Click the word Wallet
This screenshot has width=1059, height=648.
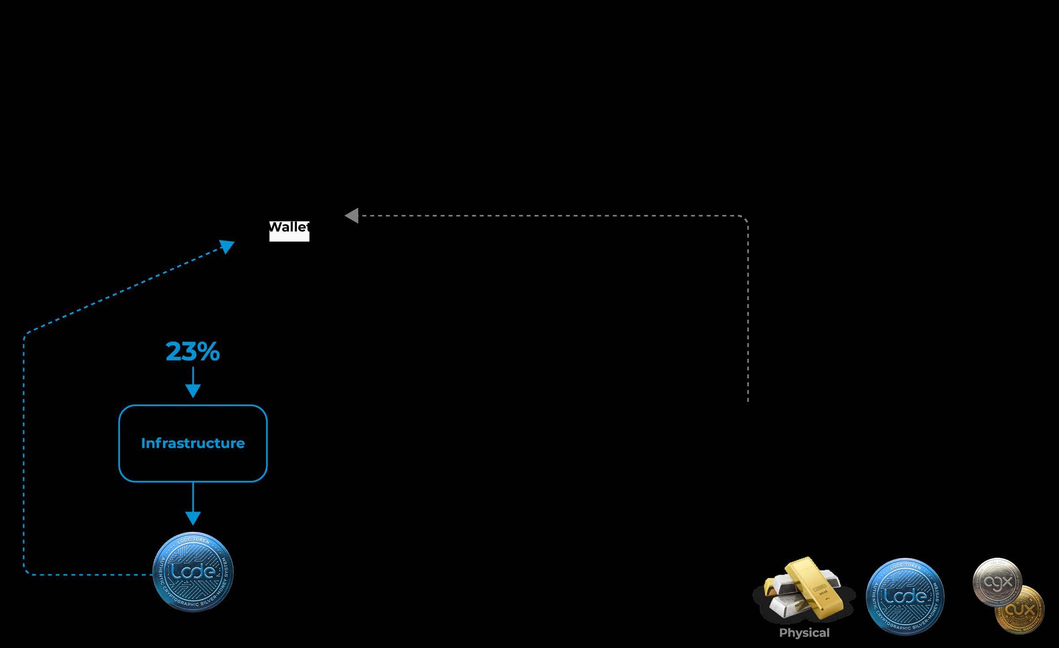point(289,227)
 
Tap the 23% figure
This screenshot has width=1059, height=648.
point(193,352)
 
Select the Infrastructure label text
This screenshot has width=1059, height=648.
point(193,443)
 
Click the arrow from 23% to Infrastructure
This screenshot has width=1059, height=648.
point(193,382)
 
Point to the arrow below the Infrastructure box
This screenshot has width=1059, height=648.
point(193,504)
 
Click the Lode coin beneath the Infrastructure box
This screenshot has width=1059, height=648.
point(193,572)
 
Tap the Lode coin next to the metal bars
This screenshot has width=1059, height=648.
point(905,596)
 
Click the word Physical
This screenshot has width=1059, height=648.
point(804,633)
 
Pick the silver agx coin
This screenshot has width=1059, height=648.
point(997,582)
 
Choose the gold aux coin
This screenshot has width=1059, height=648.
point(1020,610)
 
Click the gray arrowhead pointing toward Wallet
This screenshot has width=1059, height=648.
point(352,215)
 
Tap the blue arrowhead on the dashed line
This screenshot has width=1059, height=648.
point(227,246)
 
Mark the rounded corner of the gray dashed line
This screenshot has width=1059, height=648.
point(745,219)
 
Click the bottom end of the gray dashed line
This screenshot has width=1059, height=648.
point(748,400)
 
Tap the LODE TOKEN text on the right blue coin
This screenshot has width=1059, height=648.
point(905,566)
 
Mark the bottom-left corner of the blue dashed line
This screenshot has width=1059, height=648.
point(26,572)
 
